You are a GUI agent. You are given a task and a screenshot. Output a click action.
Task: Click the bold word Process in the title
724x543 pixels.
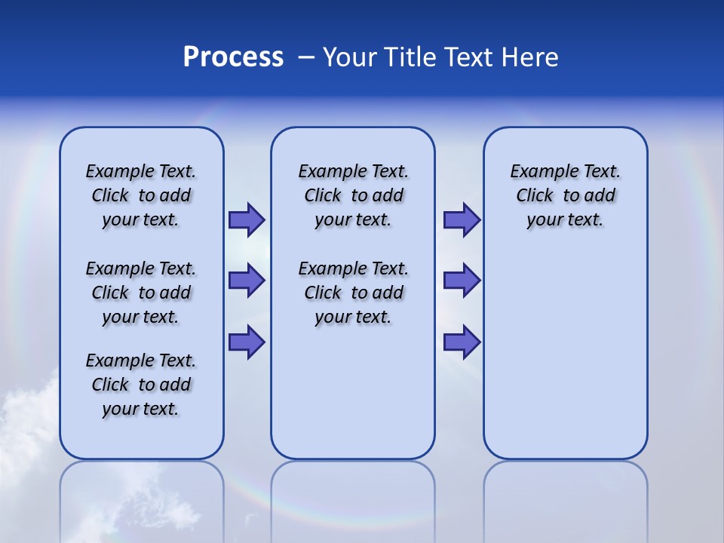pos(233,57)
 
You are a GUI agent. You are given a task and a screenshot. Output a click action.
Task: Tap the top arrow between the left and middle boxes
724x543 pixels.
pos(247,220)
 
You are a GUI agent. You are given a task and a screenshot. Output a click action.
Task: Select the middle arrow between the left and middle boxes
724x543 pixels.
pos(247,281)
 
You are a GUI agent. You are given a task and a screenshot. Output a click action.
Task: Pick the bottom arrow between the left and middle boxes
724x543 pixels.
pos(247,342)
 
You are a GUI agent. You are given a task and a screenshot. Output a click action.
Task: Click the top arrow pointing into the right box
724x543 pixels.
pos(462,220)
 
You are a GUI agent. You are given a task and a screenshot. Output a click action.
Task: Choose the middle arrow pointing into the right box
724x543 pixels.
pos(462,281)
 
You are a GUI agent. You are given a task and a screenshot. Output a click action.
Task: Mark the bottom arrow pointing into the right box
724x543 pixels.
pos(462,342)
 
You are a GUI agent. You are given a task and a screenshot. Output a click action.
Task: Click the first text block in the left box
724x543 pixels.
pos(141,195)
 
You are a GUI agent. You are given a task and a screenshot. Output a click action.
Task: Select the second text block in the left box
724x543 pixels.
pos(141,293)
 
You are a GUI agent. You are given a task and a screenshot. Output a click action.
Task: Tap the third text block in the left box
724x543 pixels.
pos(141,385)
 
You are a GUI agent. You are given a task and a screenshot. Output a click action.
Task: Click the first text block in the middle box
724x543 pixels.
pos(353,195)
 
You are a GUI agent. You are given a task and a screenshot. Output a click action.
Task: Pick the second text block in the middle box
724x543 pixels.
pos(353,293)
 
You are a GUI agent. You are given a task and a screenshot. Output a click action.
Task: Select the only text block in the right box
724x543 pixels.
pos(565,195)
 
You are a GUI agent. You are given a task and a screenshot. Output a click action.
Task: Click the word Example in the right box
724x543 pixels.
pos(538,172)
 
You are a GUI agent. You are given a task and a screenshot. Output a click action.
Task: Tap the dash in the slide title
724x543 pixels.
pos(306,57)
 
